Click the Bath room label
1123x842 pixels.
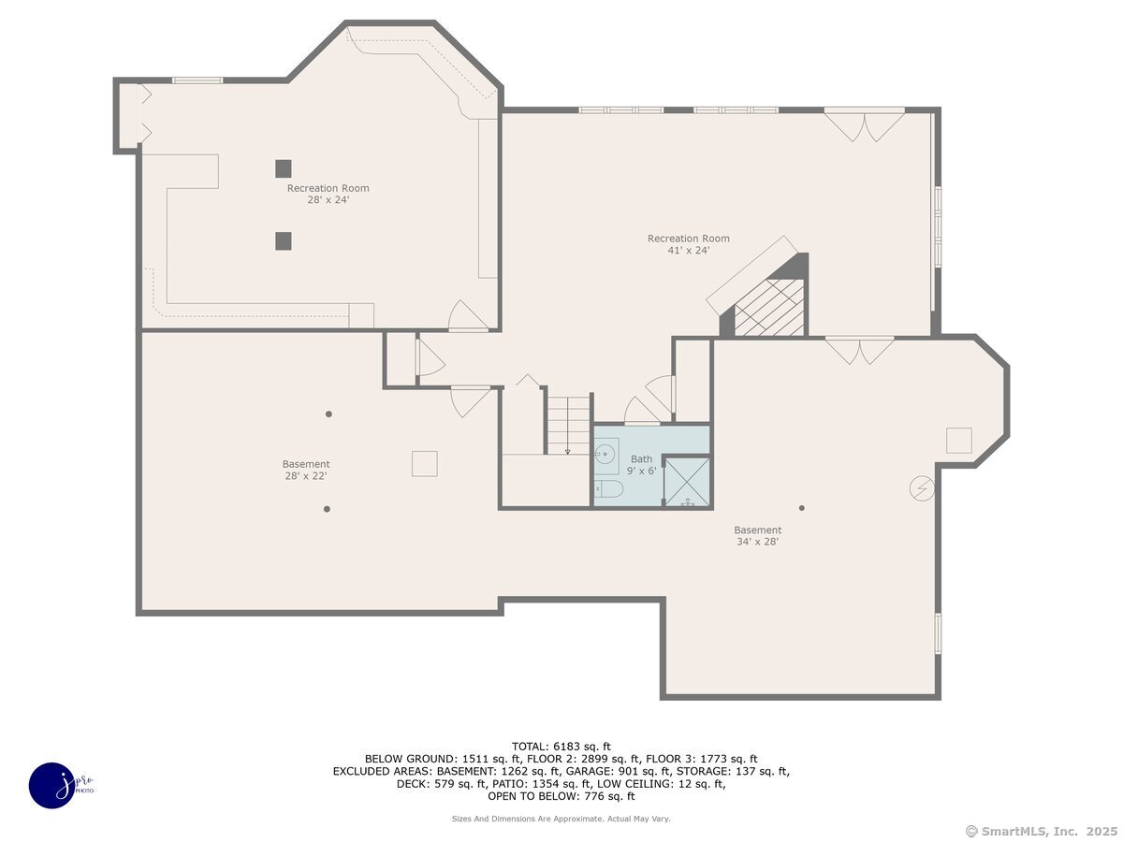(641, 459)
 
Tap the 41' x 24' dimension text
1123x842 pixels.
(688, 250)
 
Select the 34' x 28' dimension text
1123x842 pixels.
(757, 542)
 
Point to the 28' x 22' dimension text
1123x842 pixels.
(306, 475)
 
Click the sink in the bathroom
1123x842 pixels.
(606, 453)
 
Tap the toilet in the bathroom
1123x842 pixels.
(607, 489)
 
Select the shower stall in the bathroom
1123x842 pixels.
(687, 482)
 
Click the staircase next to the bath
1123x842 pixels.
(569, 426)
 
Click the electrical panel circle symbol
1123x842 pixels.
(922, 488)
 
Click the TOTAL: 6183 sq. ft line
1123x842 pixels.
(561, 747)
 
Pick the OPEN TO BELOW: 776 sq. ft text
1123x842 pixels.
(561, 796)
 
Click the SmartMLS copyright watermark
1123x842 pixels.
(1041, 831)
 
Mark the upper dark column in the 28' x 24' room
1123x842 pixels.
(284, 168)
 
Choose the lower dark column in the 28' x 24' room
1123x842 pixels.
(284, 241)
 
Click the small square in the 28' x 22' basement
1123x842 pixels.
(425, 464)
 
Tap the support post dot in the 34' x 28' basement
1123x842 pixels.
(802, 508)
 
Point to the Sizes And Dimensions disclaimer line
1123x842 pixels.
(561, 819)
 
